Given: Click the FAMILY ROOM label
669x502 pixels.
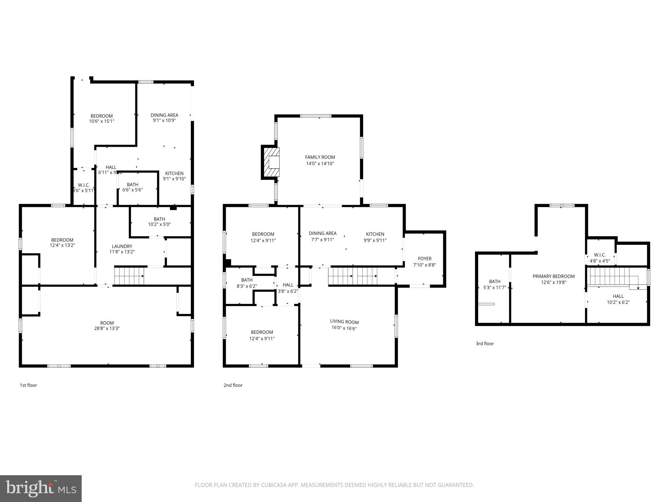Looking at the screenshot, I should pyautogui.click(x=320, y=157).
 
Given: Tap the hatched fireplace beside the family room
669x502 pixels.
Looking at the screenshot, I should pyautogui.click(x=271, y=162).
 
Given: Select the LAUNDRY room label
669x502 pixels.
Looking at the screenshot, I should pyautogui.click(x=122, y=246).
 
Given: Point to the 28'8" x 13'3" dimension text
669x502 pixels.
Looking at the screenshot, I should pyautogui.click(x=107, y=328).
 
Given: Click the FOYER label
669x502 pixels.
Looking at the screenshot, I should pyautogui.click(x=425, y=259).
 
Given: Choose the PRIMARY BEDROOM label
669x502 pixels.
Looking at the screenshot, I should pyautogui.click(x=553, y=276).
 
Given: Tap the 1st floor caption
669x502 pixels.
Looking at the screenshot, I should pyautogui.click(x=28, y=385).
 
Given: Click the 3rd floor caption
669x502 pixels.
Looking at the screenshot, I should pyautogui.click(x=485, y=343).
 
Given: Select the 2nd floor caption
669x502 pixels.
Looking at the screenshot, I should pyautogui.click(x=233, y=385).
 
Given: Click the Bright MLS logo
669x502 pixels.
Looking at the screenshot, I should pyautogui.click(x=41, y=488).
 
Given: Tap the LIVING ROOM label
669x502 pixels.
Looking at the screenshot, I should pyautogui.click(x=344, y=322).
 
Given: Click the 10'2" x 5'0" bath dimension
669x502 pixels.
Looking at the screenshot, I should pyautogui.click(x=159, y=225).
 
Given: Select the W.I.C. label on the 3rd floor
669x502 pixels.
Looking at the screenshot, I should pyautogui.click(x=600, y=255).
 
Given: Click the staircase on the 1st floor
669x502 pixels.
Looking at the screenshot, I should pyautogui.click(x=129, y=276).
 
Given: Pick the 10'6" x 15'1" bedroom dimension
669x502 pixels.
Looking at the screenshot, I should pyautogui.click(x=102, y=121).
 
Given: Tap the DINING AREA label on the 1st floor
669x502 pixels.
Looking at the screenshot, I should pyautogui.click(x=164, y=115).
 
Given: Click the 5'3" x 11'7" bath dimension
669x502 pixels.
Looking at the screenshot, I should pyautogui.click(x=495, y=288).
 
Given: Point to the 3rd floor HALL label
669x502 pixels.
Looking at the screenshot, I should pyautogui.click(x=618, y=296).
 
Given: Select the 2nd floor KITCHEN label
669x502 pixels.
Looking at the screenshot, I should pyautogui.click(x=375, y=234).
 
